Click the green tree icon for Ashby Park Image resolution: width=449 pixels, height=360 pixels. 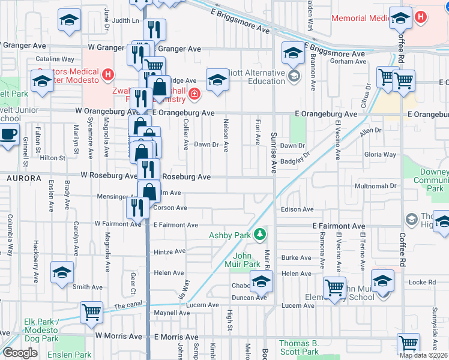(260, 234)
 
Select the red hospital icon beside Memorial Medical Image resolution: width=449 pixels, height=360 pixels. (421, 16)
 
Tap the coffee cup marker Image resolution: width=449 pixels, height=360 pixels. (8, 134)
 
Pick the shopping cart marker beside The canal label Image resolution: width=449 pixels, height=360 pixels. (91, 311)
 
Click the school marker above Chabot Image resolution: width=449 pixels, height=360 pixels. (261, 281)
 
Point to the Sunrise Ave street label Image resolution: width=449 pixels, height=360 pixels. (273, 153)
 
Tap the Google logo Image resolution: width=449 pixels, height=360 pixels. (19, 353)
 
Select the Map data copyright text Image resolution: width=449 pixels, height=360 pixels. (423, 355)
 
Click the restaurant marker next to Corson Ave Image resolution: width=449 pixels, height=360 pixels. (138, 208)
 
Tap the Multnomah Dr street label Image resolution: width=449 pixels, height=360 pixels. (376, 186)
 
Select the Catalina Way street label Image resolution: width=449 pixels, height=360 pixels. (55, 59)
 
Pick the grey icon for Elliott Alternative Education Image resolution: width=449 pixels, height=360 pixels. (294, 76)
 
